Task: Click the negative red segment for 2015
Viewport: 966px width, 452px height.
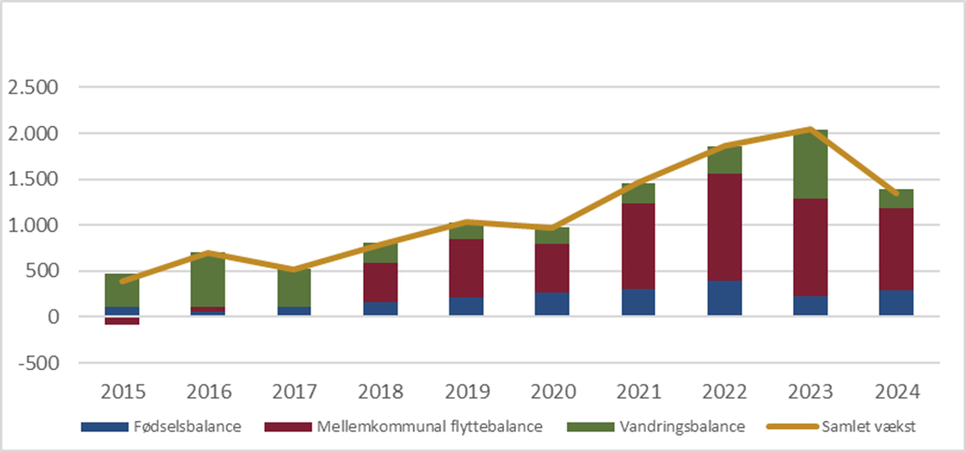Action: (122, 320)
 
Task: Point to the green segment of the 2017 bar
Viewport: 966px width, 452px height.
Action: (294, 288)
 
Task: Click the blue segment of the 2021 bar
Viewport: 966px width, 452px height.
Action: (638, 303)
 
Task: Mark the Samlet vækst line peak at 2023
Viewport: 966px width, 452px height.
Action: (811, 129)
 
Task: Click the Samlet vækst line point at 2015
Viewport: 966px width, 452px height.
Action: (122, 282)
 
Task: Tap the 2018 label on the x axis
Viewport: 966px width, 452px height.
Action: (380, 391)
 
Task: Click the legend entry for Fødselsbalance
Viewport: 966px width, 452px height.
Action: (160, 427)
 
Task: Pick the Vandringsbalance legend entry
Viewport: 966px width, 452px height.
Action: (655, 427)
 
